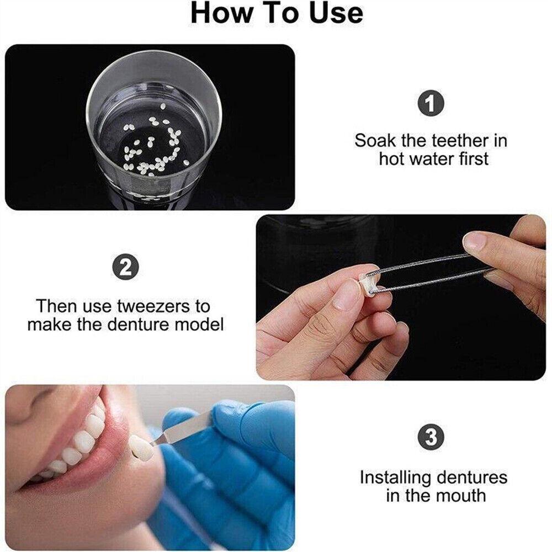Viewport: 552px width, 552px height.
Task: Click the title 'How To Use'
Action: (x=277, y=13)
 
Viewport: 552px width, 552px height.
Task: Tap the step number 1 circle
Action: (x=431, y=103)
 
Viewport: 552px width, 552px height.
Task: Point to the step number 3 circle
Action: (x=431, y=437)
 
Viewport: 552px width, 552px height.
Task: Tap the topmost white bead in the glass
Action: (x=163, y=107)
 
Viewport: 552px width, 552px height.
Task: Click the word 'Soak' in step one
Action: (x=375, y=141)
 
